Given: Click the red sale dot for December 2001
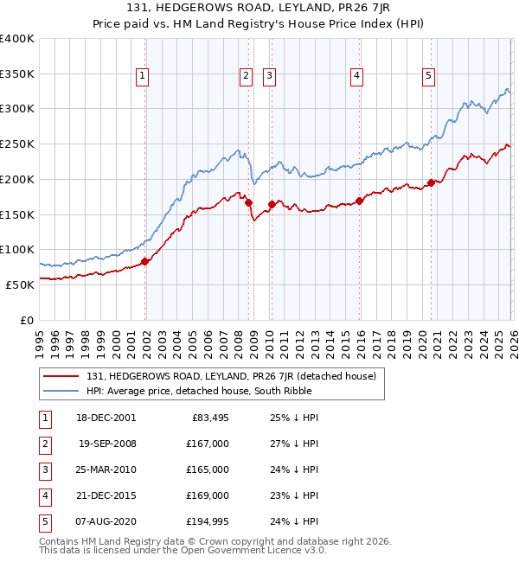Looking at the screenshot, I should pos(144,262).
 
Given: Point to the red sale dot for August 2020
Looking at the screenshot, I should pos(431,183).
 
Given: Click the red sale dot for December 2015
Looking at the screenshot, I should pos(360,201).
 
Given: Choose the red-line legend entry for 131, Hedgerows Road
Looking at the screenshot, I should pos(230,376).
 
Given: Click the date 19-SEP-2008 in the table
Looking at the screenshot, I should pos(107,444).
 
